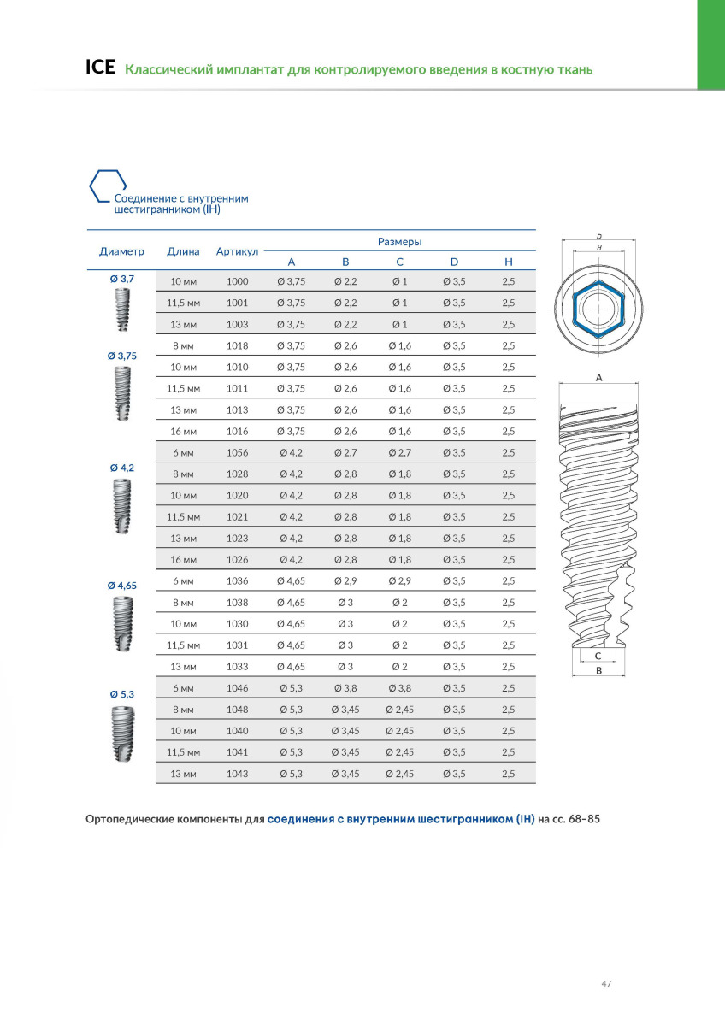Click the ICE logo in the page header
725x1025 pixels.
(100, 68)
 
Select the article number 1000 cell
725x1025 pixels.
(237, 281)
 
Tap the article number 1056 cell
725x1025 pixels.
(237, 452)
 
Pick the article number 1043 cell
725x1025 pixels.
(237, 773)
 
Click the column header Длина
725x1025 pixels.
(183, 251)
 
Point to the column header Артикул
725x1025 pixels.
(237, 251)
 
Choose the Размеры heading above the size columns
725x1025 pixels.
(399, 242)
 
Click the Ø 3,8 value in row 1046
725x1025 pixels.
(345, 687)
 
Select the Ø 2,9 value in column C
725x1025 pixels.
(399, 580)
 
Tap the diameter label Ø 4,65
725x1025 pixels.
(122, 586)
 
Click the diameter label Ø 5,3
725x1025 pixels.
(122, 693)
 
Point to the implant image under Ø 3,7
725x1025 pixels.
(122, 309)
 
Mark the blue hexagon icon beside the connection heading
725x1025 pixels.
(109, 185)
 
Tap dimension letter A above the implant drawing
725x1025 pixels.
(598, 377)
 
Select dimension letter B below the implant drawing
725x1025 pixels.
(598, 672)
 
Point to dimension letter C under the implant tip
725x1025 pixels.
(598, 655)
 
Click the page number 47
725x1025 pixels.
(606, 983)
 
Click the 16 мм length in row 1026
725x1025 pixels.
(183, 559)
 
